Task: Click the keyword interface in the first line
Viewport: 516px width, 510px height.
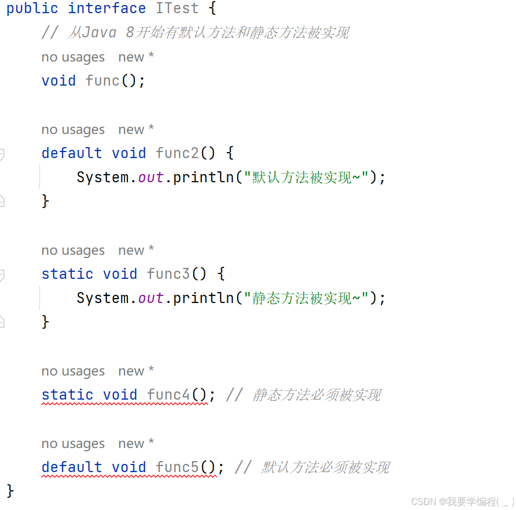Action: coord(106,8)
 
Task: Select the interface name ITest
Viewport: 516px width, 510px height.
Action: coord(177,8)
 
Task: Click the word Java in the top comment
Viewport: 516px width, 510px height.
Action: coord(99,32)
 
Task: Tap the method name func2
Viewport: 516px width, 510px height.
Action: coord(177,153)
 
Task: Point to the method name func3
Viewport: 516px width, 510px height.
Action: coord(169,274)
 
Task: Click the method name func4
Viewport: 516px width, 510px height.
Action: coord(169,395)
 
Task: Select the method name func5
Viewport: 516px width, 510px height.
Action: coord(177,467)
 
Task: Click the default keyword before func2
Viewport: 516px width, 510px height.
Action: coord(72,153)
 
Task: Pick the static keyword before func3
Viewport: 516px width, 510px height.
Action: coord(68,274)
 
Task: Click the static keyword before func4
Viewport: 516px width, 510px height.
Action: coord(68,395)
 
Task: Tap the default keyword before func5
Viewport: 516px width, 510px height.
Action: coord(72,467)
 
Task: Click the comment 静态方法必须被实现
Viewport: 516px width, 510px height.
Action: coord(317,395)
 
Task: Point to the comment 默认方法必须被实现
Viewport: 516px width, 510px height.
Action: coord(326,467)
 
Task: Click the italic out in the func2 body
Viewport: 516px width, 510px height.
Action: coord(151,178)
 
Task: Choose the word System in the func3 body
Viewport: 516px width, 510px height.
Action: coord(103,298)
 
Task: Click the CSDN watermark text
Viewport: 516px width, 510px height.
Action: coord(462,502)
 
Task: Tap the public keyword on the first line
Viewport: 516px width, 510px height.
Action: coord(32,8)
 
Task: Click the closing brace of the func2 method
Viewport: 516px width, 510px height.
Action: coord(46,201)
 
